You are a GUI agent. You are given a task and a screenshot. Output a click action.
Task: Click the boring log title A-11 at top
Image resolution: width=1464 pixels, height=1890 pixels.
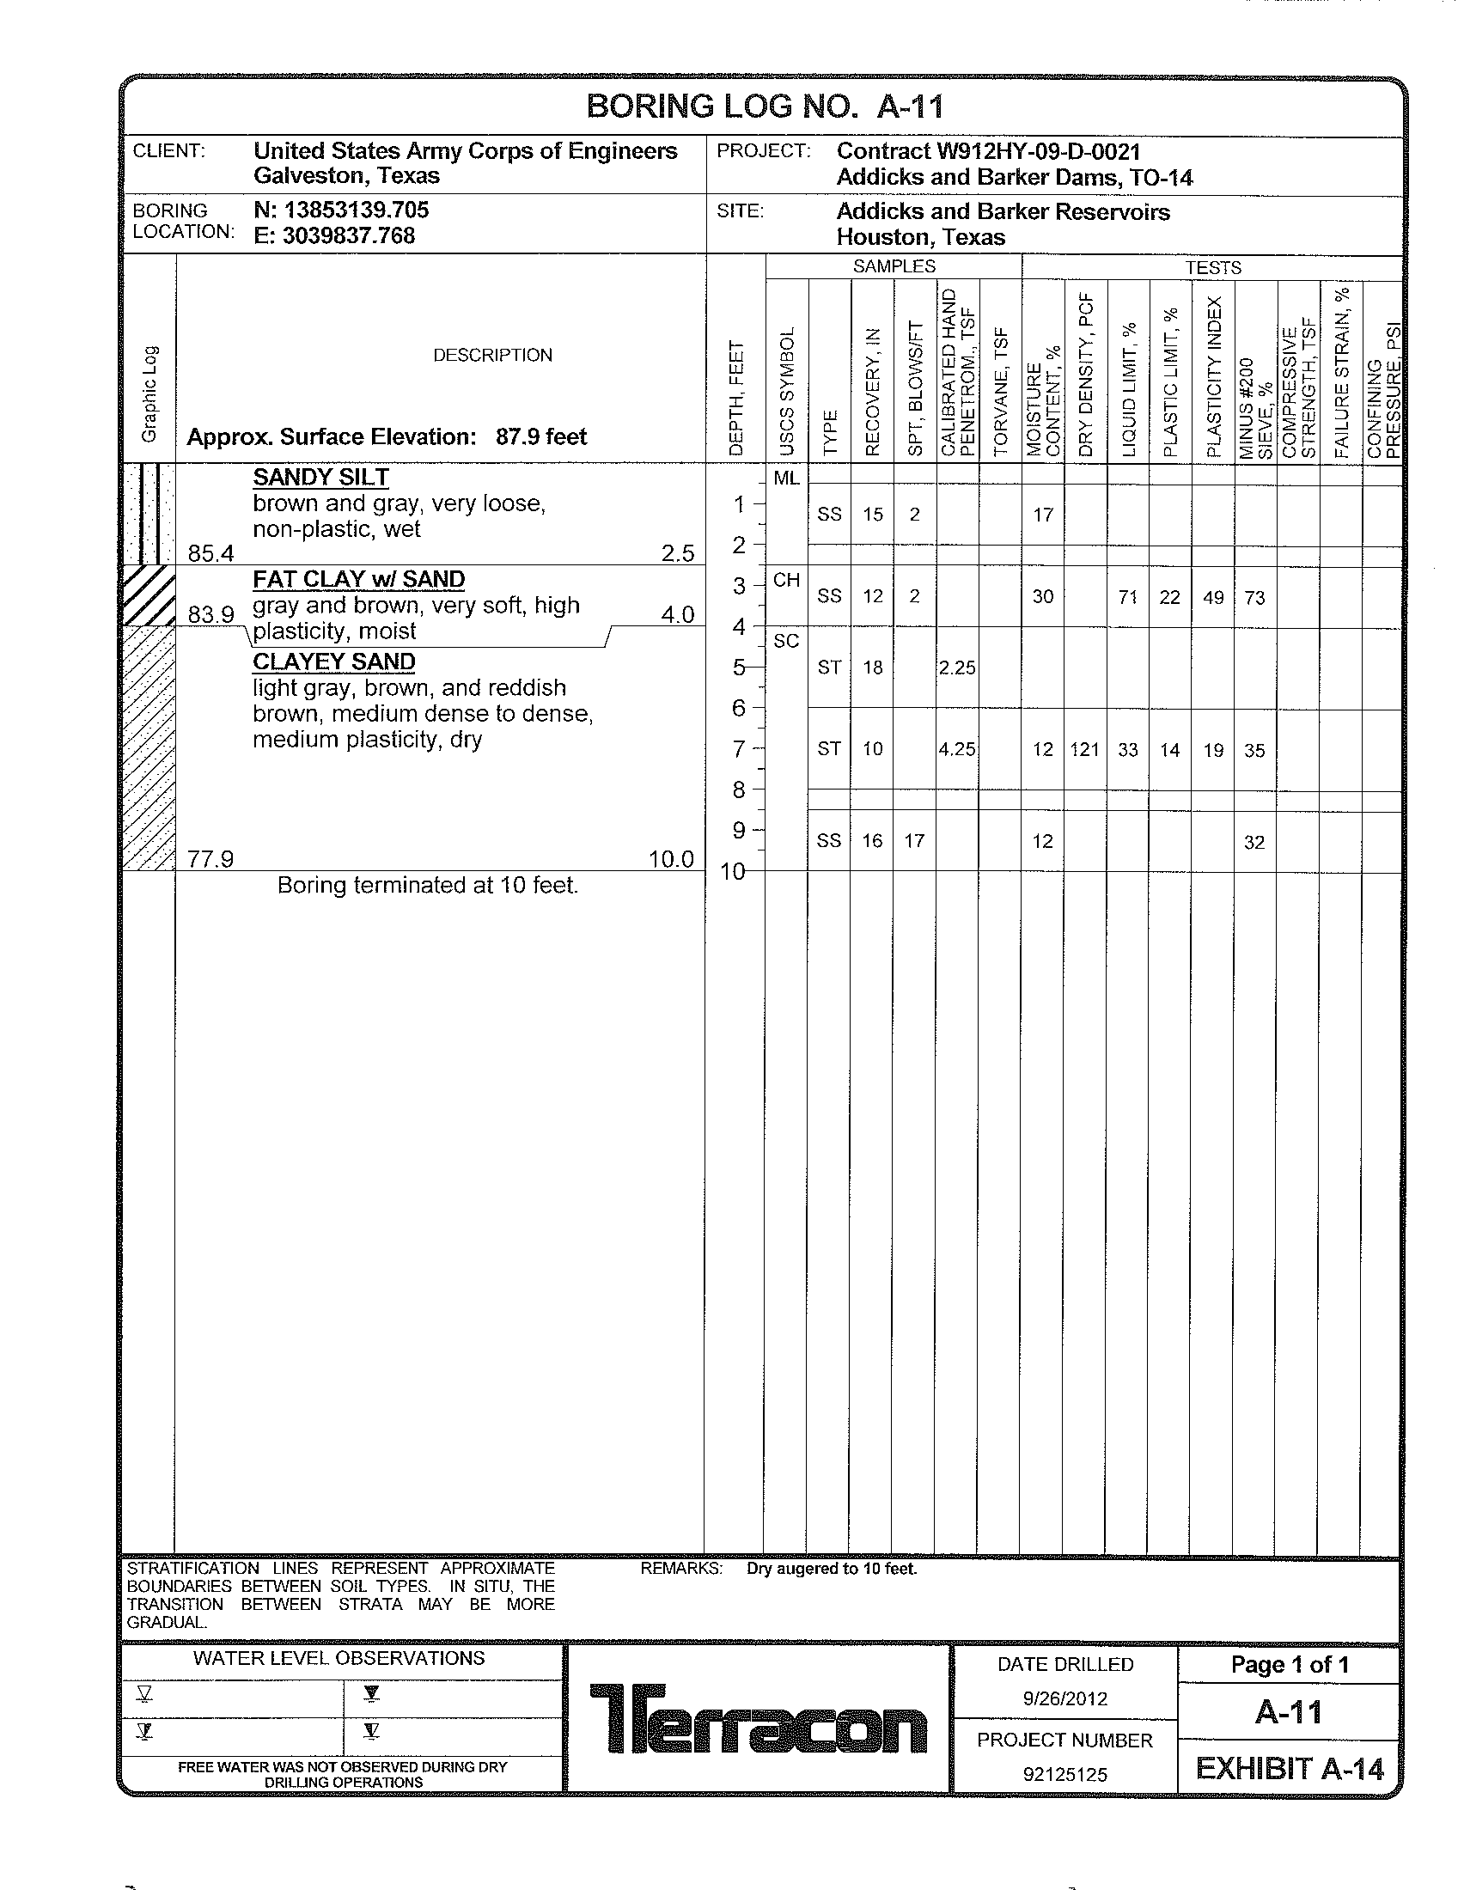point(765,107)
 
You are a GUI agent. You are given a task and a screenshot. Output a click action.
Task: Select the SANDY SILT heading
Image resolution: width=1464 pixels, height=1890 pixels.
point(321,478)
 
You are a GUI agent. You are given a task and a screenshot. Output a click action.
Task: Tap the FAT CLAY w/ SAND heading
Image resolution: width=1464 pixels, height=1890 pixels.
point(358,579)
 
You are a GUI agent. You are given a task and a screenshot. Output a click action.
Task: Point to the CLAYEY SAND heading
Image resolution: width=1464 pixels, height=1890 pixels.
point(334,662)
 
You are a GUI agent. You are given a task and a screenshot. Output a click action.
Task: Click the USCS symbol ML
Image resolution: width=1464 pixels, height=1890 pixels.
point(785,478)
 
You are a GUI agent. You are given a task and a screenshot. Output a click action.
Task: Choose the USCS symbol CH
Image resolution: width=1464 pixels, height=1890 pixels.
point(785,580)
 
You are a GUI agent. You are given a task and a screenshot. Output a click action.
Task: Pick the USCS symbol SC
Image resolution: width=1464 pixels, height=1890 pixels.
point(785,641)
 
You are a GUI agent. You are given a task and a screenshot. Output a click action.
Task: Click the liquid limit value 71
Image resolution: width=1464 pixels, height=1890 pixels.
point(1127,597)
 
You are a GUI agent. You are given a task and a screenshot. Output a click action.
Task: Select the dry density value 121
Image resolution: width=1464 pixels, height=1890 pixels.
point(1084,750)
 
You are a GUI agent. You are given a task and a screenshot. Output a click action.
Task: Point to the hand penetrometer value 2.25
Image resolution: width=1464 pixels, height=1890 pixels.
point(957,668)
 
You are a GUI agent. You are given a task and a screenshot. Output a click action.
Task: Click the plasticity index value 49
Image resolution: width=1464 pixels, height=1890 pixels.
point(1213,597)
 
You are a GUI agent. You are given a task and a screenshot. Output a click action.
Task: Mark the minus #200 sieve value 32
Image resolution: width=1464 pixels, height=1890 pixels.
point(1254,842)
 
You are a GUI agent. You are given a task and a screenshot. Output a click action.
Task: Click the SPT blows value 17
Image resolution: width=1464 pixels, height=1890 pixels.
point(914,841)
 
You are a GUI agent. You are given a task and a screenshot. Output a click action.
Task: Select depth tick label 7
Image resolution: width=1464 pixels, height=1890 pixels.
point(739,748)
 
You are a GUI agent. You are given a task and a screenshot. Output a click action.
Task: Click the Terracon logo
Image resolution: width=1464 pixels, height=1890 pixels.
point(758,1718)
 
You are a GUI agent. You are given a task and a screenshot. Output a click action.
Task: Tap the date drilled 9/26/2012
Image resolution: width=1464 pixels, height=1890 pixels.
point(1065,1698)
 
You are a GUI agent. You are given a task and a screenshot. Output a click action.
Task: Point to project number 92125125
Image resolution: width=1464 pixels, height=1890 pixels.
point(1065,1775)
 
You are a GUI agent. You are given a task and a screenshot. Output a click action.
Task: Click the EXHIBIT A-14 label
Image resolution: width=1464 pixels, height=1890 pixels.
point(1290,1769)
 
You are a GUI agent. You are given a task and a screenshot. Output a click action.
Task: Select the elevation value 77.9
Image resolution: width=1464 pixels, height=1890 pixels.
point(211,859)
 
